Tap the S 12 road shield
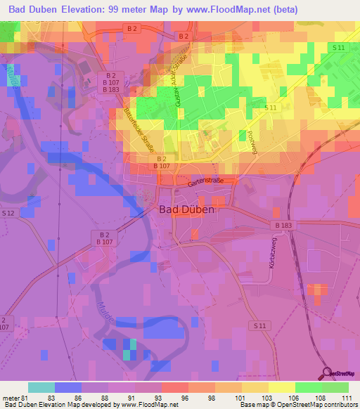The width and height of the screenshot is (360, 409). tap(8, 213)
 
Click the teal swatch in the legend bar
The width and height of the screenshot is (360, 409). tap(41, 387)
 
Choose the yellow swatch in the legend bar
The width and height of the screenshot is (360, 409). tap(281, 387)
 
